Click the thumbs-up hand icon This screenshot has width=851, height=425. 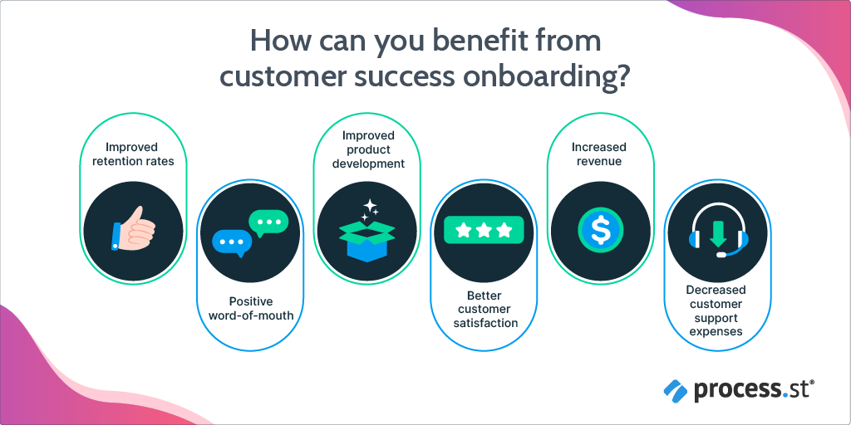pyautogui.click(x=133, y=229)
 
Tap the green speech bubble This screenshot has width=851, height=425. pyautogui.click(x=268, y=222)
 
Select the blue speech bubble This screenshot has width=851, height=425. pyautogui.click(x=232, y=243)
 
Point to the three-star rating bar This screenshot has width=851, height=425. pyautogui.click(x=484, y=230)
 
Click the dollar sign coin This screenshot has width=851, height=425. pyautogui.click(x=600, y=231)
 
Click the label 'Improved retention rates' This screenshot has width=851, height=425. pyautogui.click(x=132, y=154)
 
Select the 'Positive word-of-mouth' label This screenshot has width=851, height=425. pyautogui.click(x=251, y=308)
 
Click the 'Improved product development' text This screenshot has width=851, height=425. pyautogui.click(x=368, y=149)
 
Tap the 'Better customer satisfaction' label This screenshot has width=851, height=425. pyautogui.click(x=485, y=310)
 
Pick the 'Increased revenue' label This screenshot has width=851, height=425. pyautogui.click(x=598, y=154)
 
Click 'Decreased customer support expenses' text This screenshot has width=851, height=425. pyautogui.click(x=716, y=310)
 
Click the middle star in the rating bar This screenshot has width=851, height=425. pyautogui.click(x=484, y=231)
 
